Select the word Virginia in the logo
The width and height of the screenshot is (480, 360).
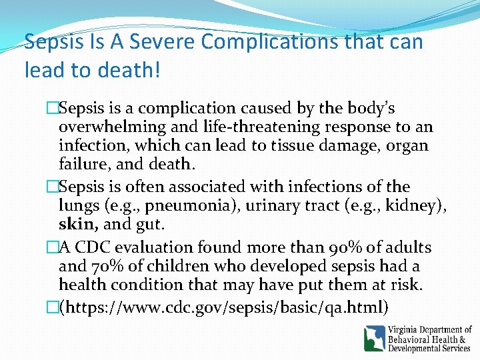[408, 329]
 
